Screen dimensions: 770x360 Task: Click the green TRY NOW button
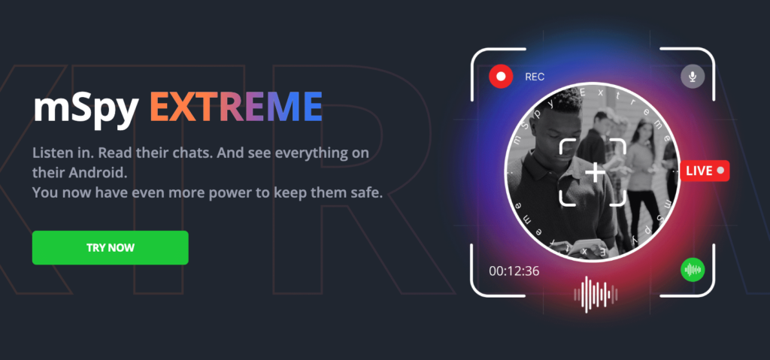point(110,247)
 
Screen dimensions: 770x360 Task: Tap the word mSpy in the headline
point(85,108)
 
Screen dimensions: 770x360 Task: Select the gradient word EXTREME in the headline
point(235,107)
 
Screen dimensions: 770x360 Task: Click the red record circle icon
point(501,77)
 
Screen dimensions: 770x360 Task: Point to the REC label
point(535,77)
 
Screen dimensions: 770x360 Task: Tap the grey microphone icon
point(693,77)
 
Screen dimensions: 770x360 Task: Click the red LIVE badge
point(705,171)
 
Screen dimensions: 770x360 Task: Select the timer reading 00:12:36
point(514,271)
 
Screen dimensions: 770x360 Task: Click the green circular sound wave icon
point(693,270)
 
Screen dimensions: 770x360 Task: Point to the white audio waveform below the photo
point(596,294)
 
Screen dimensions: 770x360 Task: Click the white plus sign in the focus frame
point(596,174)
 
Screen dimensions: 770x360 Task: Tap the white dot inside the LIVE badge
point(720,171)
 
